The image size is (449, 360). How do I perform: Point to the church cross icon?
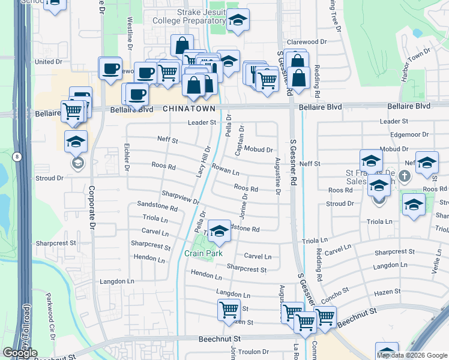405,176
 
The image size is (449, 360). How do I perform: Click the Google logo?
20,353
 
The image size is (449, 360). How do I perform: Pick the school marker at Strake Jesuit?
238,21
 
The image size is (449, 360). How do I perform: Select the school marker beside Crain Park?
220,231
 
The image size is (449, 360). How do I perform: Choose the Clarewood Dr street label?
306,42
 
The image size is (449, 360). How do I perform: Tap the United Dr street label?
49,61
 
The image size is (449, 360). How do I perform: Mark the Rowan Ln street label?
225,171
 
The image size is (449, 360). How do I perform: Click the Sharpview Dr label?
180,196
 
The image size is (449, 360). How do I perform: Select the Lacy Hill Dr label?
204,160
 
